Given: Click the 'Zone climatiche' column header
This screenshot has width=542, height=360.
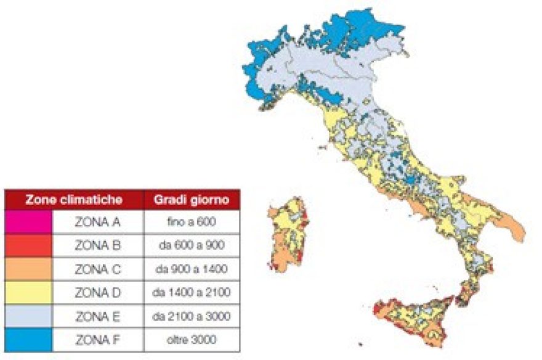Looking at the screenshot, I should tap(73, 200).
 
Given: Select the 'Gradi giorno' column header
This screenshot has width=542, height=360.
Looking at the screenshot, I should tap(192, 200).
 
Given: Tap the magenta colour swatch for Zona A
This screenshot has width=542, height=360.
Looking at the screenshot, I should tap(28, 222).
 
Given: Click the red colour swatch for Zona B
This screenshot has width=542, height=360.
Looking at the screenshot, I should tap(28, 245).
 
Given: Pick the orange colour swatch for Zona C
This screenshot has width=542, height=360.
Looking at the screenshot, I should tap(28, 269).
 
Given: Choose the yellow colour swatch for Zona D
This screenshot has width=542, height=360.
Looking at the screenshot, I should tap(28, 292).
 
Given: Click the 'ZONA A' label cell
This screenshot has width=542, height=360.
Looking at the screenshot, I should tap(97, 222).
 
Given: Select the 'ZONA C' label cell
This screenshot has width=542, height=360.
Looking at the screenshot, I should tap(97, 269).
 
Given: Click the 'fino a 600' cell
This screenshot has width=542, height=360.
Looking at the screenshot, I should tap(192, 222).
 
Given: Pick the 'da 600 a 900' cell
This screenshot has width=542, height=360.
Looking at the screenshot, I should tap(192, 245).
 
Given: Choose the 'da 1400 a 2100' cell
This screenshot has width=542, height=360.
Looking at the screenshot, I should tap(192, 292).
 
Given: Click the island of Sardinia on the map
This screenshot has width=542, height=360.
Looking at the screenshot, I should tap(286, 237).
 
